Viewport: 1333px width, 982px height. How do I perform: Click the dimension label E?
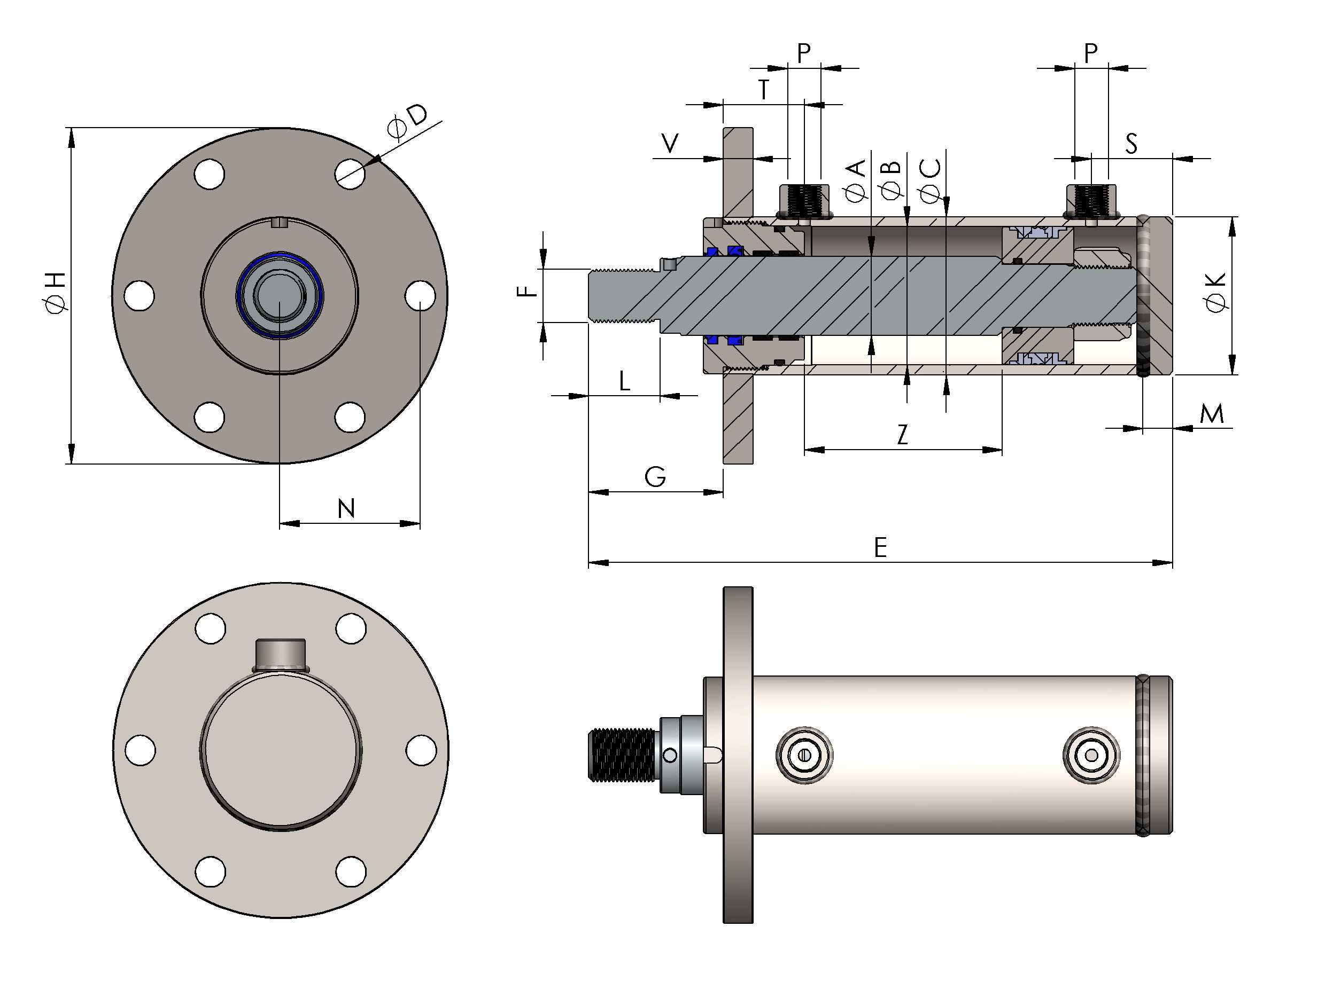pyautogui.click(x=880, y=547)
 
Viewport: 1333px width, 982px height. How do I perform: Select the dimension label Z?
pyautogui.click(x=902, y=435)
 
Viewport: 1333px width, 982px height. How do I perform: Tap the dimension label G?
pyautogui.click(x=655, y=477)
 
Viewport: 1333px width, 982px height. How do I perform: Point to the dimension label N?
pyautogui.click(x=346, y=509)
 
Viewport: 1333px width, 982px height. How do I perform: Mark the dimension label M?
pyautogui.click(x=1211, y=414)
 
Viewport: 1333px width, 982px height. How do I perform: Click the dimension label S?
pyautogui.click(x=1131, y=144)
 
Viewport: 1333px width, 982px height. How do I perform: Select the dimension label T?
pyautogui.click(x=763, y=90)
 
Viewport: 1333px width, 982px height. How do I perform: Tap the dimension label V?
pyautogui.click(x=670, y=143)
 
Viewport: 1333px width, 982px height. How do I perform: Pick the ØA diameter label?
pyautogui.click(x=855, y=180)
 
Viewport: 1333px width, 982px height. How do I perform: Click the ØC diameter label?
pyautogui.click(x=929, y=180)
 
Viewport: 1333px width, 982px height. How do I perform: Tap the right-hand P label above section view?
pyautogui.click(x=1090, y=53)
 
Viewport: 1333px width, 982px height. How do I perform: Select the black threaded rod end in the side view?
pyautogui.click(x=622, y=755)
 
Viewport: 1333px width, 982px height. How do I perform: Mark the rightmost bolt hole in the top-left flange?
pyautogui.click(x=420, y=295)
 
